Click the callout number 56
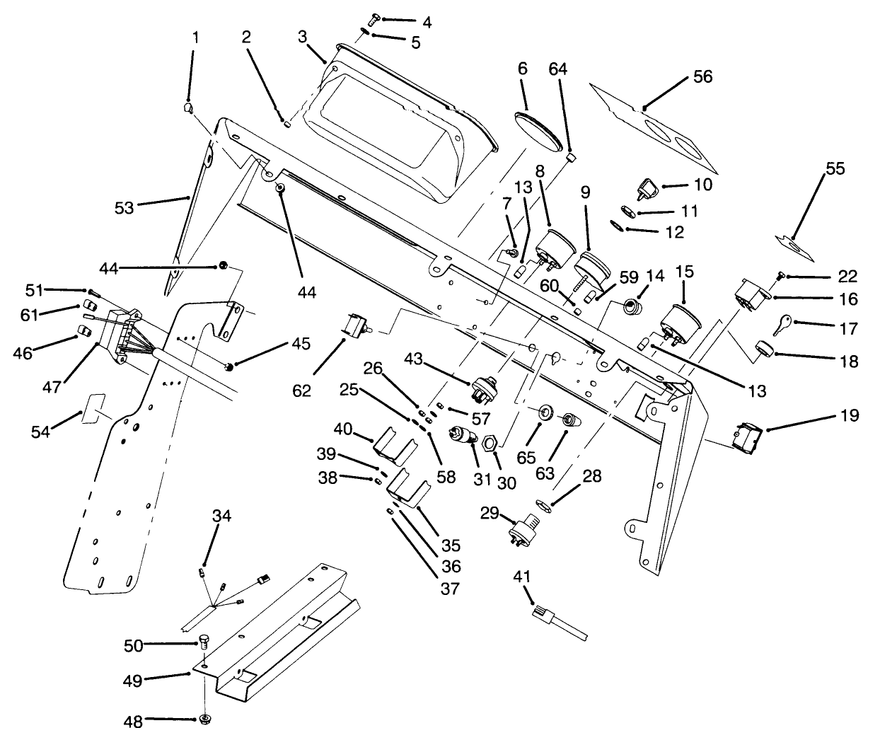point(702,76)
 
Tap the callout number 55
point(835,169)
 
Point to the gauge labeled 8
point(552,248)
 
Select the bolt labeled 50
point(204,642)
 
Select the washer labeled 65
point(546,412)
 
